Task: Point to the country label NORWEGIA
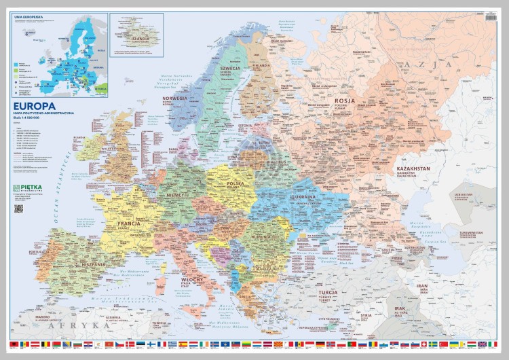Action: [x=174, y=98]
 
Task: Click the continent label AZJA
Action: [x=415, y=64]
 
